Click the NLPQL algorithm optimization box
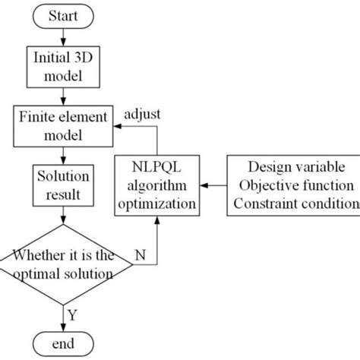point(158,185)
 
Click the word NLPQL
point(158,167)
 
